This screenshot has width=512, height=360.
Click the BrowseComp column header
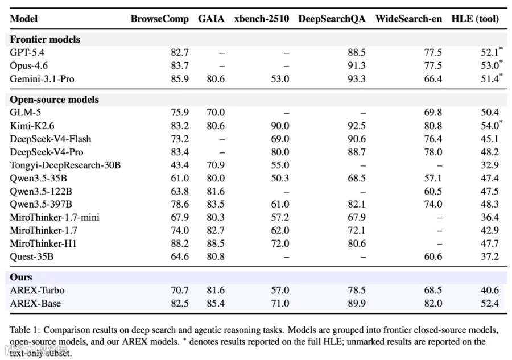[x=160, y=19]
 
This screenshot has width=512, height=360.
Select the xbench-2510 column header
[x=262, y=19]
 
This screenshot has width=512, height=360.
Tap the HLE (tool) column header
[x=475, y=19]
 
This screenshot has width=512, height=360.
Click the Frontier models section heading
[x=45, y=39]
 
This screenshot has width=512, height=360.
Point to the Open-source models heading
[x=54, y=99]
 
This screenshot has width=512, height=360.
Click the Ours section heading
[x=21, y=277]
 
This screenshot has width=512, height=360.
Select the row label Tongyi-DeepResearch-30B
[x=65, y=165]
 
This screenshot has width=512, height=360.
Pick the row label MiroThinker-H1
[x=43, y=243]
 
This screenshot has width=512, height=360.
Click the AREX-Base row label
[x=35, y=303]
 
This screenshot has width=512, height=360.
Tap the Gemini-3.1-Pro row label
[x=42, y=79]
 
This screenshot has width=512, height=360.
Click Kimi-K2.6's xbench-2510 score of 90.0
[x=280, y=126]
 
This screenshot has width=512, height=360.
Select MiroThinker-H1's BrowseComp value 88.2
[x=180, y=243]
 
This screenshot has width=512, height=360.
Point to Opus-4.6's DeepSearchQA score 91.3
[x=356, y=65]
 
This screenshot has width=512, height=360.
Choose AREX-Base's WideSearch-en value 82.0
[x=433, y=303]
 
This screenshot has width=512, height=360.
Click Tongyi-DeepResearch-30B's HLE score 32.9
[x=489, y=165]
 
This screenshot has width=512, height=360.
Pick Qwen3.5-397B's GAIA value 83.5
[x=216, y=204]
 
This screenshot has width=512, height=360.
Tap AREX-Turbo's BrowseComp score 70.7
[x=180, y=290]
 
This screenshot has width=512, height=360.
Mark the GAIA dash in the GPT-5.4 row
[x=222, y=53]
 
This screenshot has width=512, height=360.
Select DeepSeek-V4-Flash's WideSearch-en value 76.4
[x=433, y=139]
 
